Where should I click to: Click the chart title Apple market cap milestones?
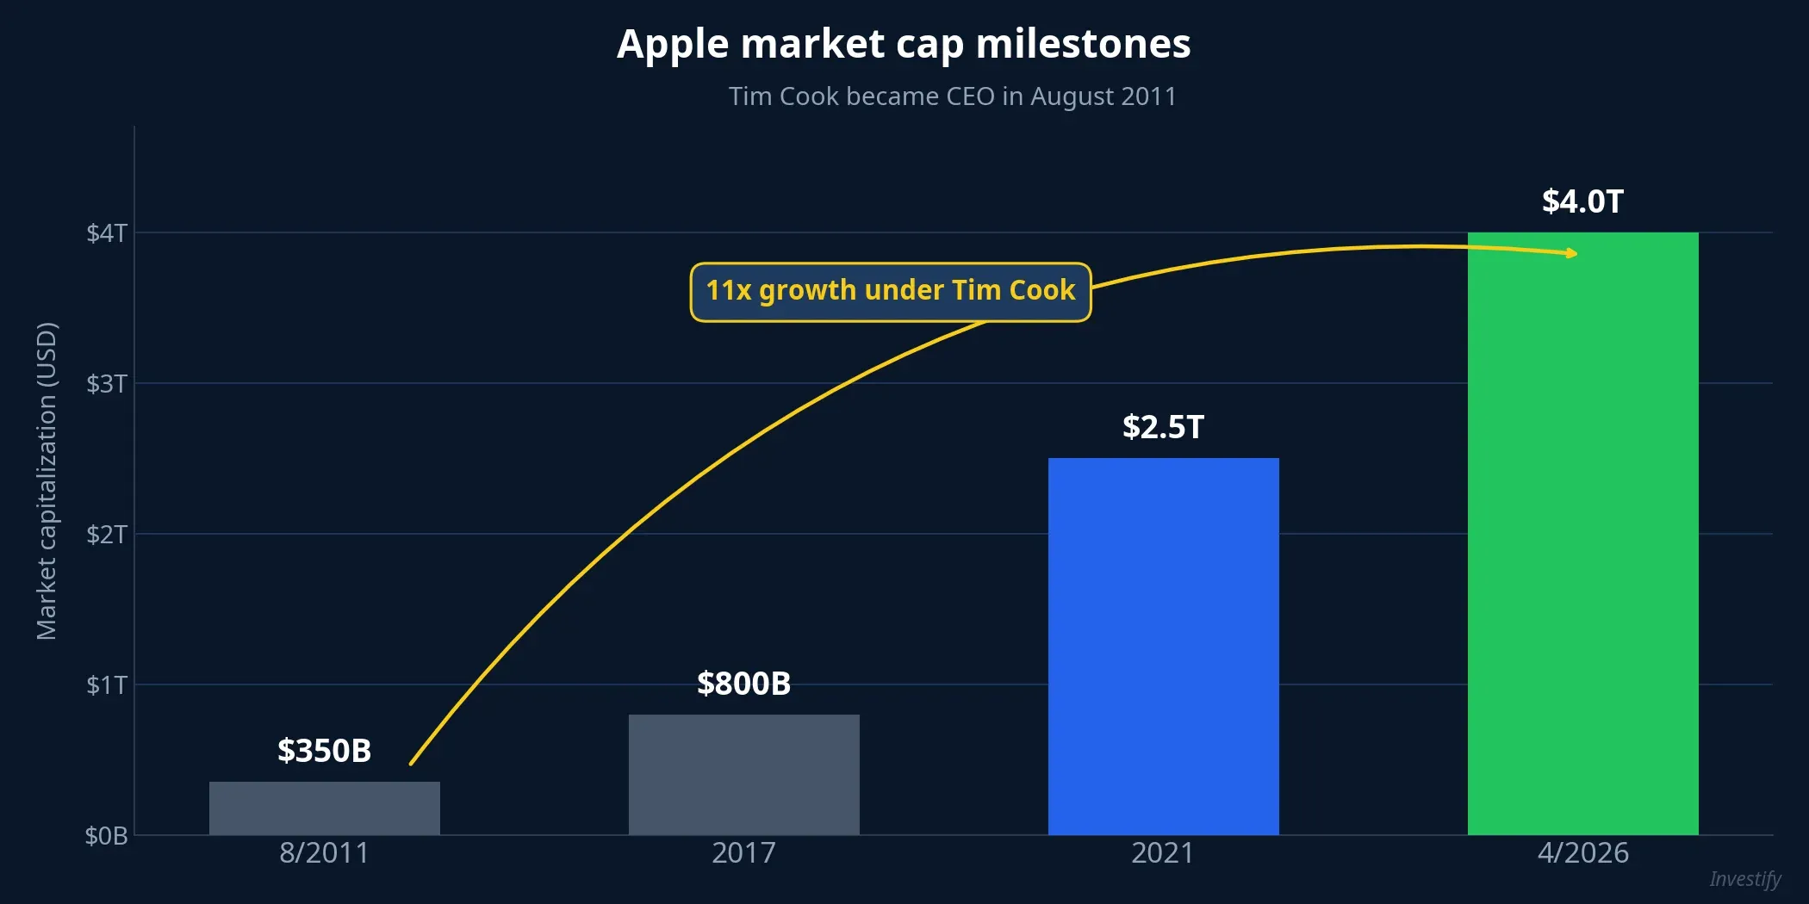click(904, 44)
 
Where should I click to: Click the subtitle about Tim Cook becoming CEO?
click(952, 96)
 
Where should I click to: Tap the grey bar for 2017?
click(743, 774)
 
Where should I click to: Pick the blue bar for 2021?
click(1163, 646)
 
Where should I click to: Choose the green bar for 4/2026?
click(1582, 534)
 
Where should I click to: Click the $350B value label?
click(324, 751)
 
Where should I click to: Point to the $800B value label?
click(743, 684)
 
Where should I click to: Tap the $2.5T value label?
click(1163, 427)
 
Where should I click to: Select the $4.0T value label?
click(1582, 201)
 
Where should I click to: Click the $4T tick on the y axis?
click(107, 233)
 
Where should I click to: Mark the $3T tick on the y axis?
click(107, 384)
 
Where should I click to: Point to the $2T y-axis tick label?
click(107, 535)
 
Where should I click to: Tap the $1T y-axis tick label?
click(107, 685)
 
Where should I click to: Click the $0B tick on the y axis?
click(107, 836)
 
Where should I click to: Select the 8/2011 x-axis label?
click(324, 853)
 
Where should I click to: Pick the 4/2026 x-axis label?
click(1582, 853)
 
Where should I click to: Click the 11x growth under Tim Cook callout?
click(890, 291)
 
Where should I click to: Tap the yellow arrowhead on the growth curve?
click(1572, 253)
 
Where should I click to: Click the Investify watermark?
click(1744, 879)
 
